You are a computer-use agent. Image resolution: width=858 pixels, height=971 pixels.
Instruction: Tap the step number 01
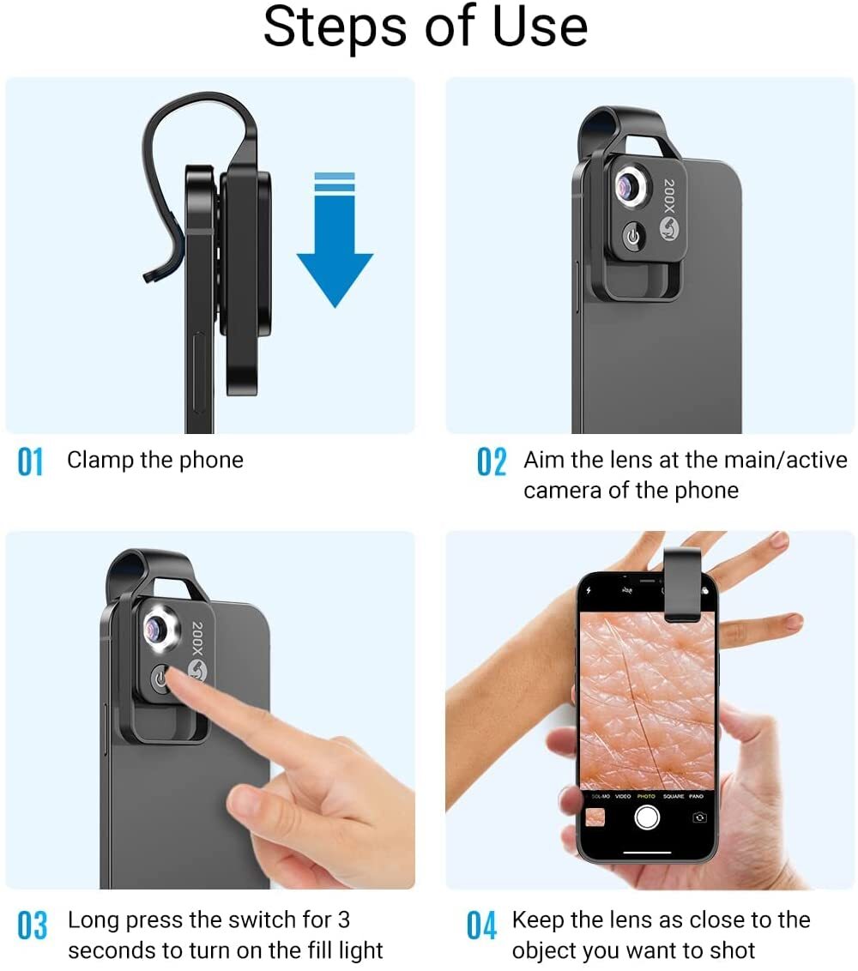point(30,461)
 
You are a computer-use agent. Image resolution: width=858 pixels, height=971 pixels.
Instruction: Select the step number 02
point(492,461)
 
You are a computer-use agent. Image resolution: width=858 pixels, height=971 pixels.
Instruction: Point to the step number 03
point(32,926)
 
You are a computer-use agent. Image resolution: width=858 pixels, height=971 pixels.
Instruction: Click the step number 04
point(481,926)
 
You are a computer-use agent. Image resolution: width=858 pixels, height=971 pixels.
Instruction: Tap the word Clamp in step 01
point(100,460)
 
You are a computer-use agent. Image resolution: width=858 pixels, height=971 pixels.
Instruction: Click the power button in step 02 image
point(633,237)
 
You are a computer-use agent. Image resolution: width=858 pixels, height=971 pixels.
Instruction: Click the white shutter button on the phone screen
point(647,817)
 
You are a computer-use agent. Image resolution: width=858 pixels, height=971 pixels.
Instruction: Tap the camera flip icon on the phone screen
point(699,817)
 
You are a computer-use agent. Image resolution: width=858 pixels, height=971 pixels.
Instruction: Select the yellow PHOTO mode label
point(646,796)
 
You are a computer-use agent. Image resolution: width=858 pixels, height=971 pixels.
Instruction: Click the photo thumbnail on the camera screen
point(595,817)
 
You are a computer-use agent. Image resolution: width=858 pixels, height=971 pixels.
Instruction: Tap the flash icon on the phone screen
point(589,591)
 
